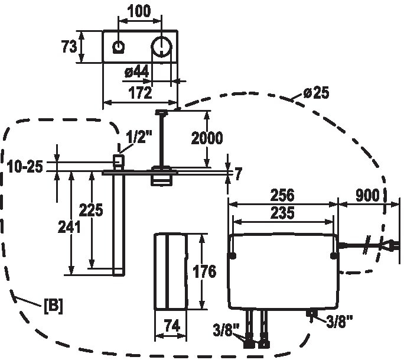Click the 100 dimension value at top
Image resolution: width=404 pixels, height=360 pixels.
139,11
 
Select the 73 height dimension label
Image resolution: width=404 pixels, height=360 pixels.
69,47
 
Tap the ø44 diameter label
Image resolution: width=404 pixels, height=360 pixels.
136,72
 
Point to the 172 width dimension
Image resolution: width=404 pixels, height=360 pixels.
141,93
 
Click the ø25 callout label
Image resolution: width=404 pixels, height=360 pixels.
316,93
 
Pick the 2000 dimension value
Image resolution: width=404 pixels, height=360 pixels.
207,138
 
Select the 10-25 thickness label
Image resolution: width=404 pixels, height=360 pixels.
25,166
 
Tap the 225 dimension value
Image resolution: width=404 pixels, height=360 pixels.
91,210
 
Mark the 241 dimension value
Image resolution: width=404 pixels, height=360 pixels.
69,227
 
